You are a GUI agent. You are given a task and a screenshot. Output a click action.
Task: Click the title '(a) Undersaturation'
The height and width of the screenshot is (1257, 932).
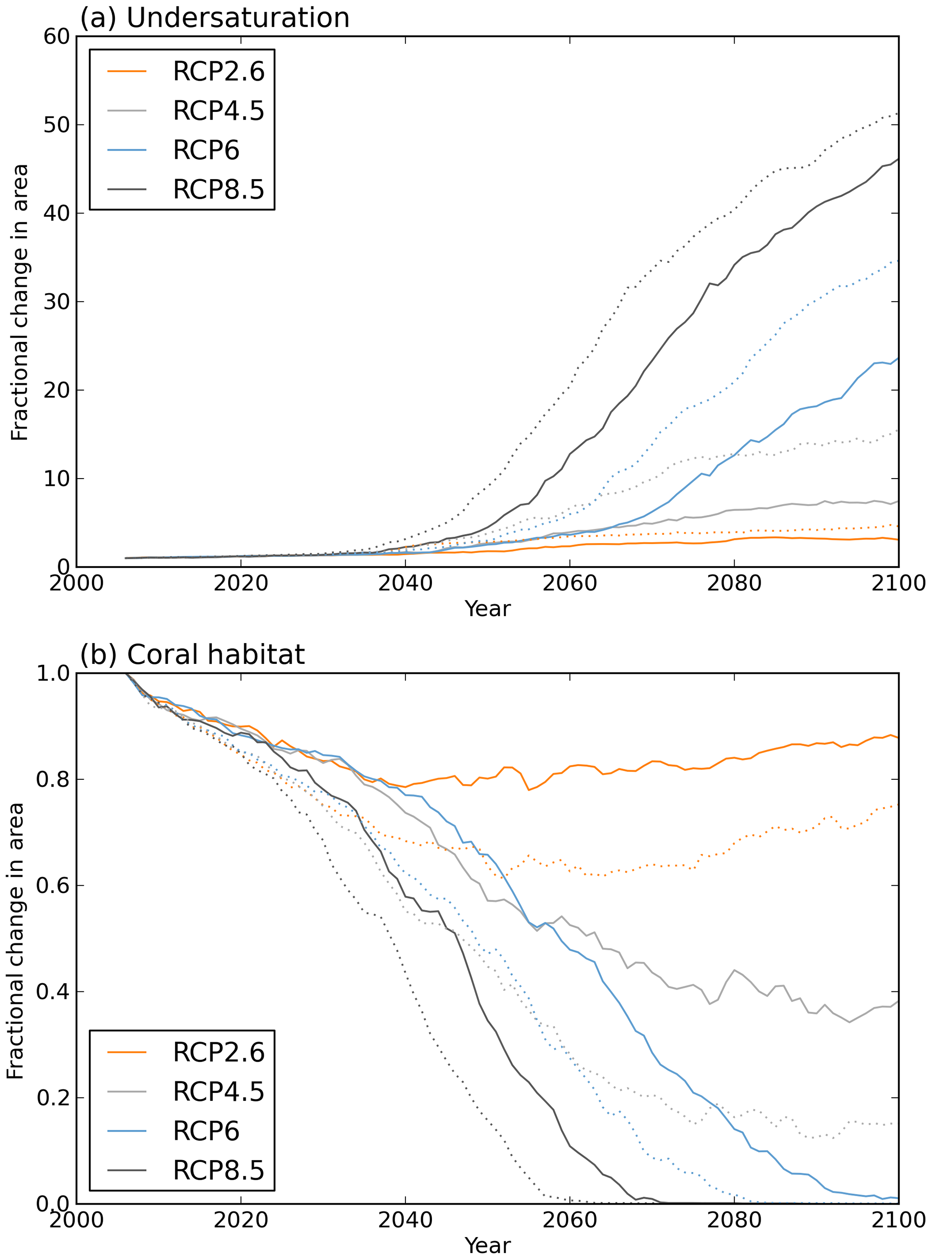[214, 18]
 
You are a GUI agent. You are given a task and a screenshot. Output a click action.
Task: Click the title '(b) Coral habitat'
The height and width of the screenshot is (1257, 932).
[192, 655]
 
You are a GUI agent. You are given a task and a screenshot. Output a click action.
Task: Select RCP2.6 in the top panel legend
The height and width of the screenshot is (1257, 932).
[218, 72]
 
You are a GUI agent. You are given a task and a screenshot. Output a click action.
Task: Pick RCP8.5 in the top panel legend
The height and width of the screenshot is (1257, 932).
[218, 189]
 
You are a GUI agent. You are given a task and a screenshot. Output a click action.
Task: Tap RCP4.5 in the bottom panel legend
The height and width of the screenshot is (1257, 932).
[218, 1091]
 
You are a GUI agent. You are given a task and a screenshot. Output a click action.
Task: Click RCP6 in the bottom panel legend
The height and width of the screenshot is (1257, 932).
[206, 1131]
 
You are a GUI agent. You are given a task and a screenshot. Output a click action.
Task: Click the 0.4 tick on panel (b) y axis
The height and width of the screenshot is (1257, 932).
[52, 992]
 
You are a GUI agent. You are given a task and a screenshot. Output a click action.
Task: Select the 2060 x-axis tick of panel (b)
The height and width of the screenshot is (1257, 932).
[570, 1221]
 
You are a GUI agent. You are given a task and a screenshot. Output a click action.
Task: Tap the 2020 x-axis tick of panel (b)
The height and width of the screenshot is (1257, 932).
[241, 1221]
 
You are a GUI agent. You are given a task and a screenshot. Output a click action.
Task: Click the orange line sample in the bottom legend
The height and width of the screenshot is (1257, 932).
[127, 1053]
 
